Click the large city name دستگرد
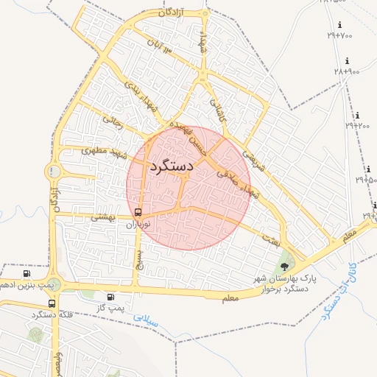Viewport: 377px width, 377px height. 171,166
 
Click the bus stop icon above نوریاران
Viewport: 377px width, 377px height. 138,213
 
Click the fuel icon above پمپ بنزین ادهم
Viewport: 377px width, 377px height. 27,273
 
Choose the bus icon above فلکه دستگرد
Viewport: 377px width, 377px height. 52,303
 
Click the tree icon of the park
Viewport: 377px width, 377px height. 285,267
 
